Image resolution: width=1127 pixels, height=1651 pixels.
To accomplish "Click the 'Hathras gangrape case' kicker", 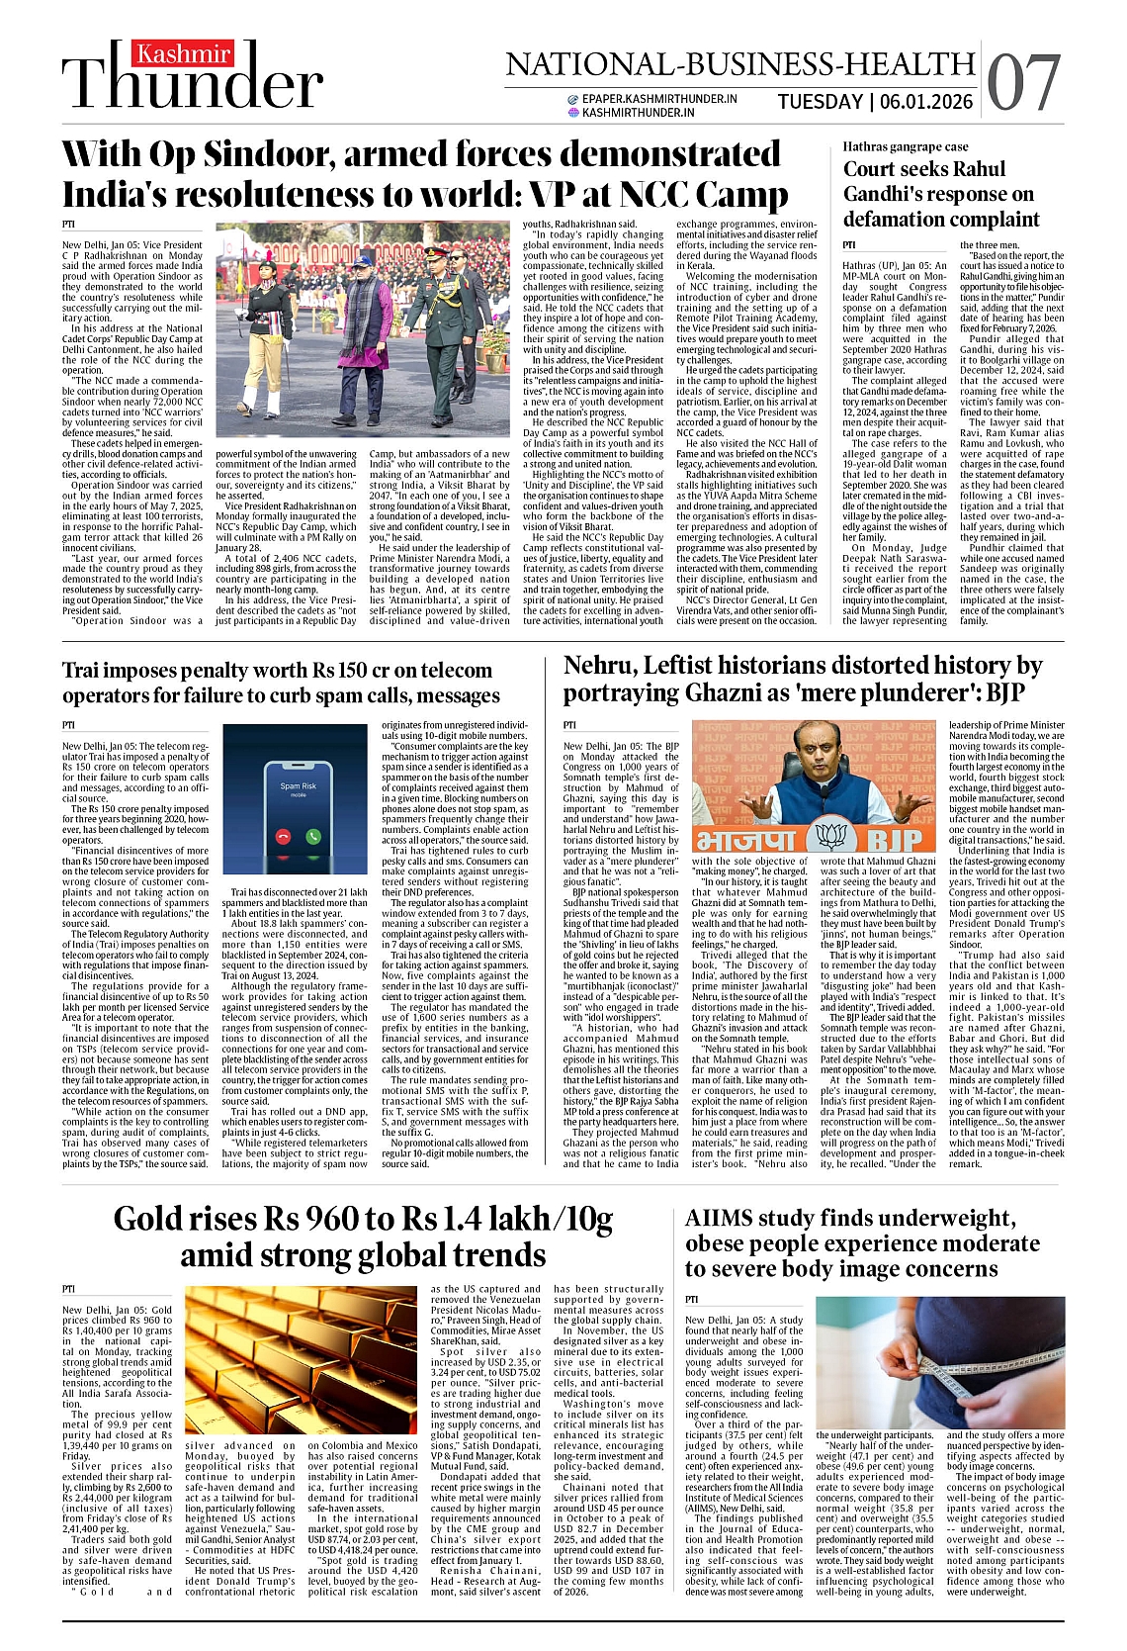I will pos(906,146).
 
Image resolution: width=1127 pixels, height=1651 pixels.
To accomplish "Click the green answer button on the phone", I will pos(313,836).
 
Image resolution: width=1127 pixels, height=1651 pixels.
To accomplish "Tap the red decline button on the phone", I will pos(284,836).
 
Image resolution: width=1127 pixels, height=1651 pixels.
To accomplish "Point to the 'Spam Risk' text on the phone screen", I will pos(298,786).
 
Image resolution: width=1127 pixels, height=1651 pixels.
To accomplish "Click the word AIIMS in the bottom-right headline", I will pos(720,1218).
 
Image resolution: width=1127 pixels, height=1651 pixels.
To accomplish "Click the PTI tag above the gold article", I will pos(68,1289).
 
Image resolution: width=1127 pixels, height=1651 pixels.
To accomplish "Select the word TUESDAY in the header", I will pos(820,102).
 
